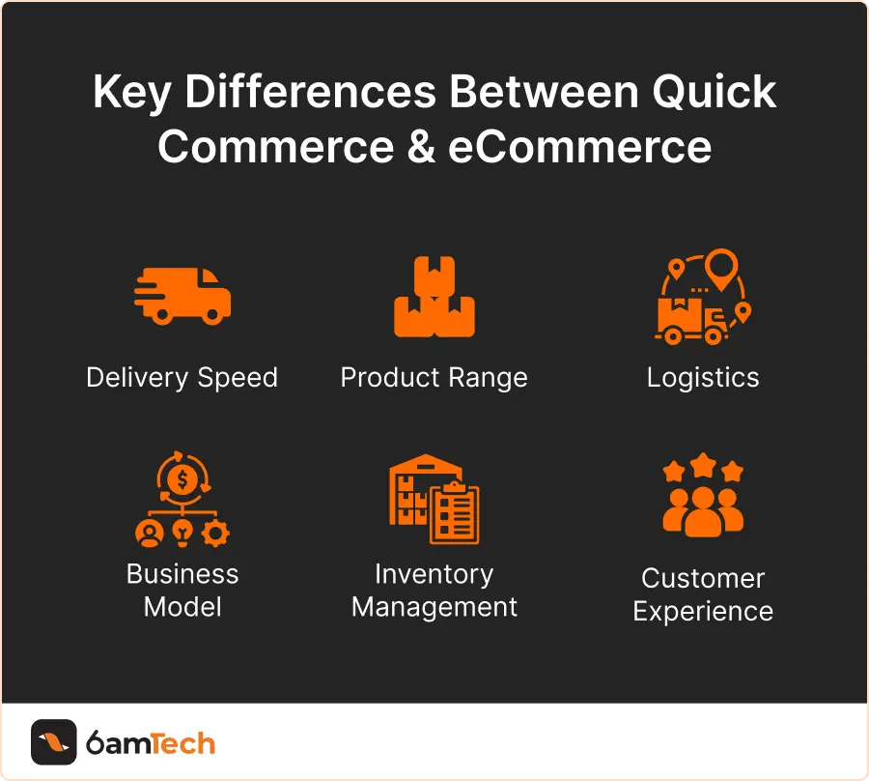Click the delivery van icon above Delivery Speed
[x=182, y=294]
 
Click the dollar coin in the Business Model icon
[x=182, y=479]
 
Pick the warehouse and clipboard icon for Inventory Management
[x=434, y=499]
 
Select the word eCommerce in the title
[x=579, y=147]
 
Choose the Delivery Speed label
[x=182, y=377]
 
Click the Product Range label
[x=434, y=377]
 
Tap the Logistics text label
[x=703, y=377]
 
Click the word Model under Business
[x=182, y=607]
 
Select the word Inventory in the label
[x=434, y=574]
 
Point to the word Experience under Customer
[x=703, y=612]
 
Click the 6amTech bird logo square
[x=53, y=742]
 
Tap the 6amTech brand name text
[x=150, y=743]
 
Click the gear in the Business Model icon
[x=217, y=533]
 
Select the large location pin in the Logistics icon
[x=720, y=265]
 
